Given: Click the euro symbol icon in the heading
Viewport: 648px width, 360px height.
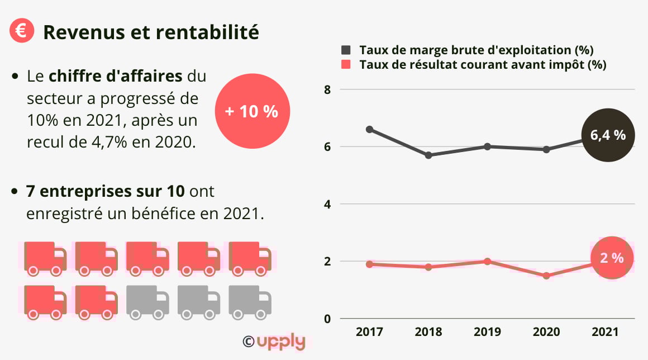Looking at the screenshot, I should point(22,31).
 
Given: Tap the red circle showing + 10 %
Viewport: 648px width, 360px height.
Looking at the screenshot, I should point(251,111).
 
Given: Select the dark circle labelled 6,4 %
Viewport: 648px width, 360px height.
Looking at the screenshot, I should point(608,135).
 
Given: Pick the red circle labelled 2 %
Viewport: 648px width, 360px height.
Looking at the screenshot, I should point(612,258).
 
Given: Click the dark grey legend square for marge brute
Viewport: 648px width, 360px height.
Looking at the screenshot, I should point(346,49).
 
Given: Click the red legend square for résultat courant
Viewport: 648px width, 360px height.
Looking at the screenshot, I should point(346,64).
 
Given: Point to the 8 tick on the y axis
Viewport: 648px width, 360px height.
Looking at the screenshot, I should point(328,89).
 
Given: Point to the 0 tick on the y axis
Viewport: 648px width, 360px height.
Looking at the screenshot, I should point(328,319).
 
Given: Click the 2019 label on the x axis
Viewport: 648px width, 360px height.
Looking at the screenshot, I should point(487,332).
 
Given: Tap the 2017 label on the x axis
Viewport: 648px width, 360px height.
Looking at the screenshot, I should point(369,332).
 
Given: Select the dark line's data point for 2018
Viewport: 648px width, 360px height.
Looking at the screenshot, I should point(428,155).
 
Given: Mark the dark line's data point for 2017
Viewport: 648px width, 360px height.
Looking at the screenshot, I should point(369,129).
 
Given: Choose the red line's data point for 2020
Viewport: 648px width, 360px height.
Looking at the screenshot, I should point(546,276).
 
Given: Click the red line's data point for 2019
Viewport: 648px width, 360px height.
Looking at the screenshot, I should point(487,261).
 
